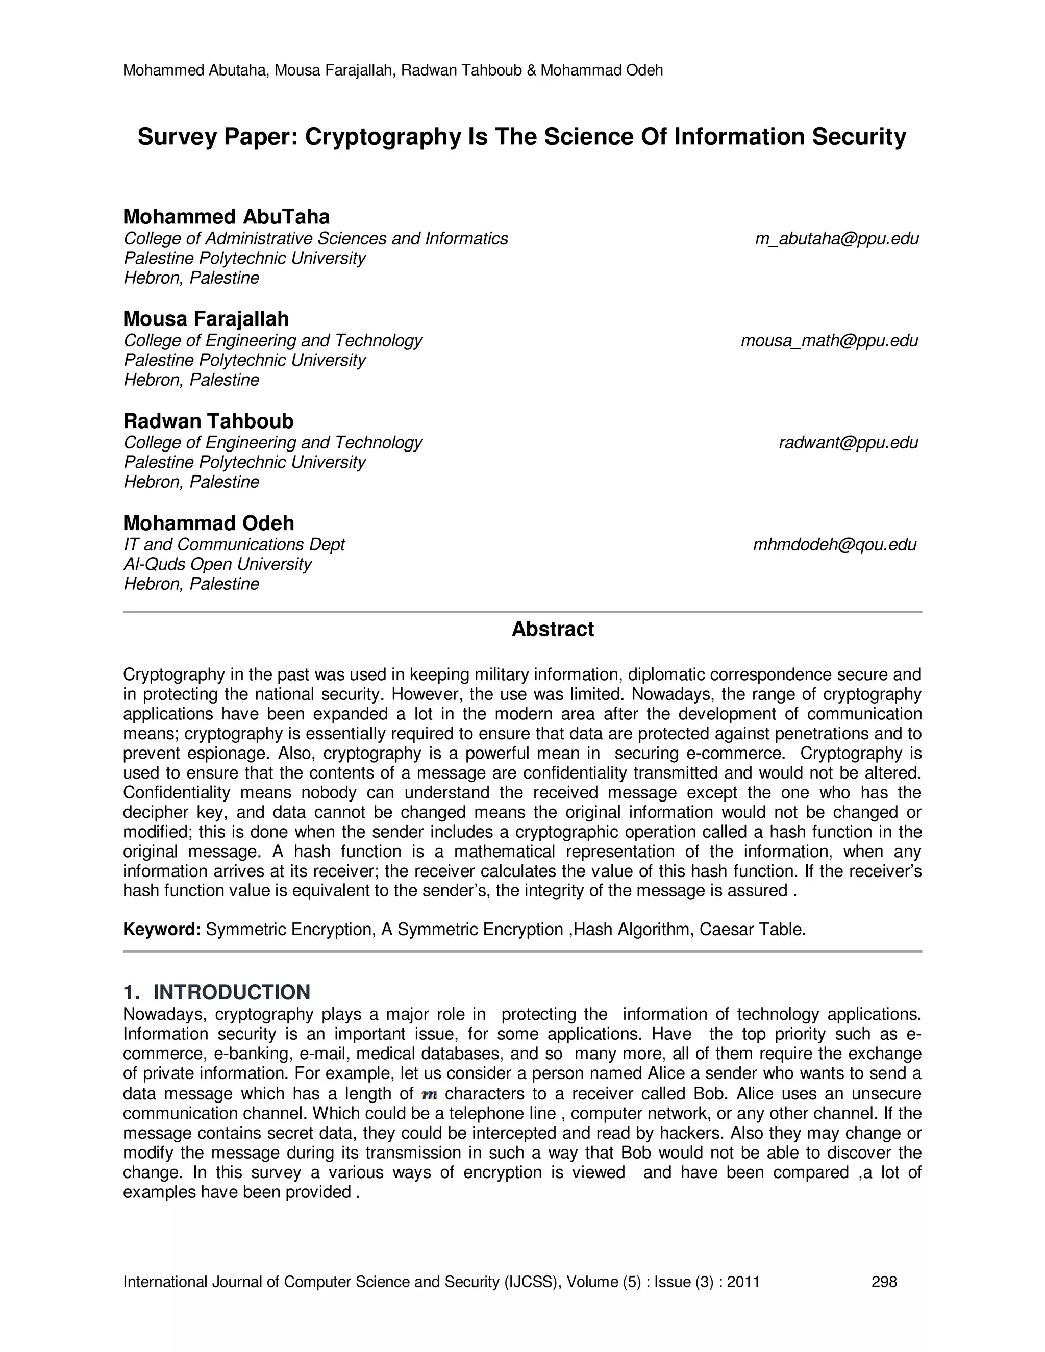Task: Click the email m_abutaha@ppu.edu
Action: coord(836,239)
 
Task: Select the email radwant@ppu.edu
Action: coord(848,443)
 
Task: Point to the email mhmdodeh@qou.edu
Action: coord(834,545)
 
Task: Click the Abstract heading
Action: coord(552,629)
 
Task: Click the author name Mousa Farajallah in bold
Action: coord(206,319)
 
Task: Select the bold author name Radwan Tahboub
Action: coord(209,421)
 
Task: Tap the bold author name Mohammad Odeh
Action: coord(209,523)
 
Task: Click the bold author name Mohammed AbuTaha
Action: coord(227,217)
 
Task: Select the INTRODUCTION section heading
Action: coord(231,992)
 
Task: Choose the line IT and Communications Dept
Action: coord(234,545)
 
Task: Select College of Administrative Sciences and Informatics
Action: coord(316,239)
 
